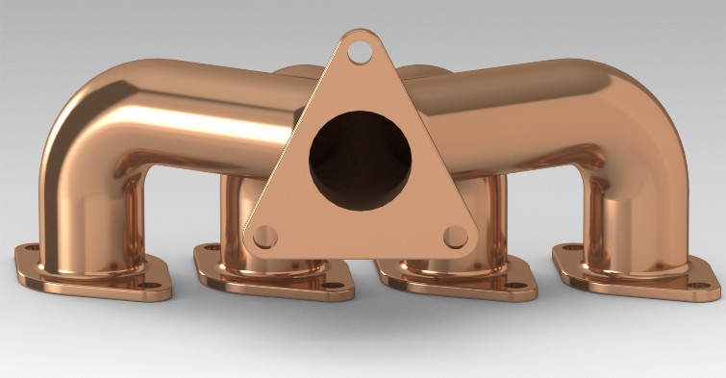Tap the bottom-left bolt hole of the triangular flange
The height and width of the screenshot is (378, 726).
pos(266,235)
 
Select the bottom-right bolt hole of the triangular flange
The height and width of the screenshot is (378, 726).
pos(455,236)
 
